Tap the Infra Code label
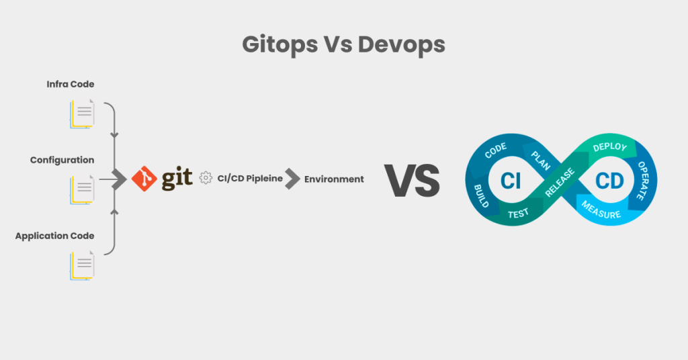coord(71,85)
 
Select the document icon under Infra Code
coord(82,114)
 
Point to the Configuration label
coord(62,161)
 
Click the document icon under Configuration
coord(82,190)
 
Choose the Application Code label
coord(54,236)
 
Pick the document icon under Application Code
coord(82,266)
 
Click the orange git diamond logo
coord(143,178)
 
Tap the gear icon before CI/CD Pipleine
coord(206,178)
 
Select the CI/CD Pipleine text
coord(250,179)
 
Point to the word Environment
coord(334,179)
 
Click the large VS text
coord(412,179)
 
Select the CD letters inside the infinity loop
coord(610,180)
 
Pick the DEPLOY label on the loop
coord(610,147)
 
